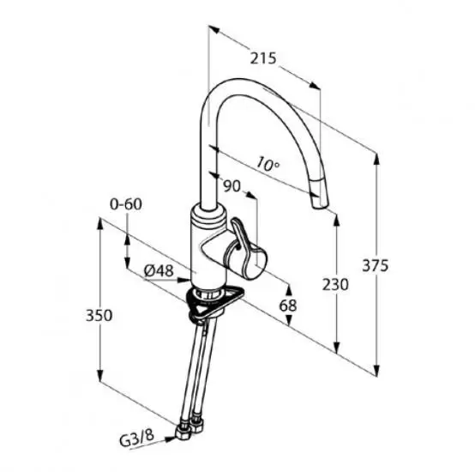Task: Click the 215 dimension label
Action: coord(263,58)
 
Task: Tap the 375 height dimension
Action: coord(375,265)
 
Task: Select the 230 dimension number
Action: coord(335,285)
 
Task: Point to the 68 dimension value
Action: coord(288,306)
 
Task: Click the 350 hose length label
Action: coord(99,315)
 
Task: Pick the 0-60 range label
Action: coord(126,204)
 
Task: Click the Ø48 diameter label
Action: coord(159,270)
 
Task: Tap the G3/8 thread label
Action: coord(137,438)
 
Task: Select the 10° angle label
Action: coord(268,164)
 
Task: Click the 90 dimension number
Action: coord(231,186)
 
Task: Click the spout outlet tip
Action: coord(319,206)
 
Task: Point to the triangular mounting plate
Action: coord(214,301)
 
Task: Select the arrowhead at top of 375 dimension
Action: coord(376,159)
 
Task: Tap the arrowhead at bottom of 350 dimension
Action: coord(100,376)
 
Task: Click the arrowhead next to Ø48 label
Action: coord(185,280)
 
